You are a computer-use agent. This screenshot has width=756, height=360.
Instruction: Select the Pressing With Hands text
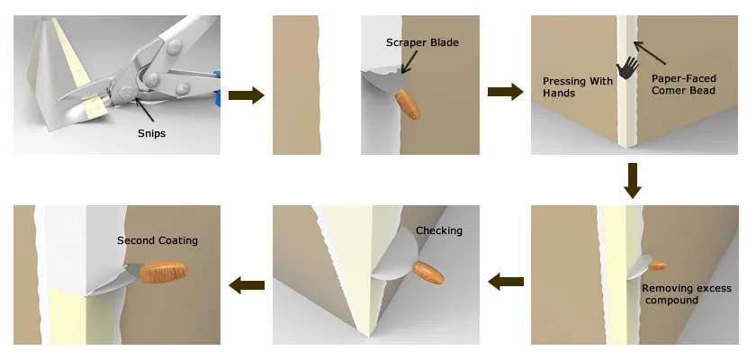click(x=577, y=87)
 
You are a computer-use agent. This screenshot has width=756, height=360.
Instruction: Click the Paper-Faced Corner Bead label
click(x=684, y=84)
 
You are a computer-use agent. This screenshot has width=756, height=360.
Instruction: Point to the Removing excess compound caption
click(x=687, y=294)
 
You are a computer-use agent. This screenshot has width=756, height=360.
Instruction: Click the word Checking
click(x=438, y=231)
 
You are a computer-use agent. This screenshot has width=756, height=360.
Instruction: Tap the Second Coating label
click(x=157, y=240)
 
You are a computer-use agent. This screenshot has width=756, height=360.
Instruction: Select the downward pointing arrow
click(x=633, y=180)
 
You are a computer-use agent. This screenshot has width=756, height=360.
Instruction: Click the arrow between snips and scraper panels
click(x=246, y=94)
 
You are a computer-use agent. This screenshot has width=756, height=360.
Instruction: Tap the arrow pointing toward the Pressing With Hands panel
click(x=505, y=91)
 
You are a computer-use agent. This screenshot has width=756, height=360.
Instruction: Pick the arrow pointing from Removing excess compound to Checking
click(x=505, y=283)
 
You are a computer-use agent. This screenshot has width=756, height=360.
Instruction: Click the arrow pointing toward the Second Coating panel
click(x=246, y=285)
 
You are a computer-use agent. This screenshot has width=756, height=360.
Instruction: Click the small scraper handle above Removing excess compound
click(x=658, y=265)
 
